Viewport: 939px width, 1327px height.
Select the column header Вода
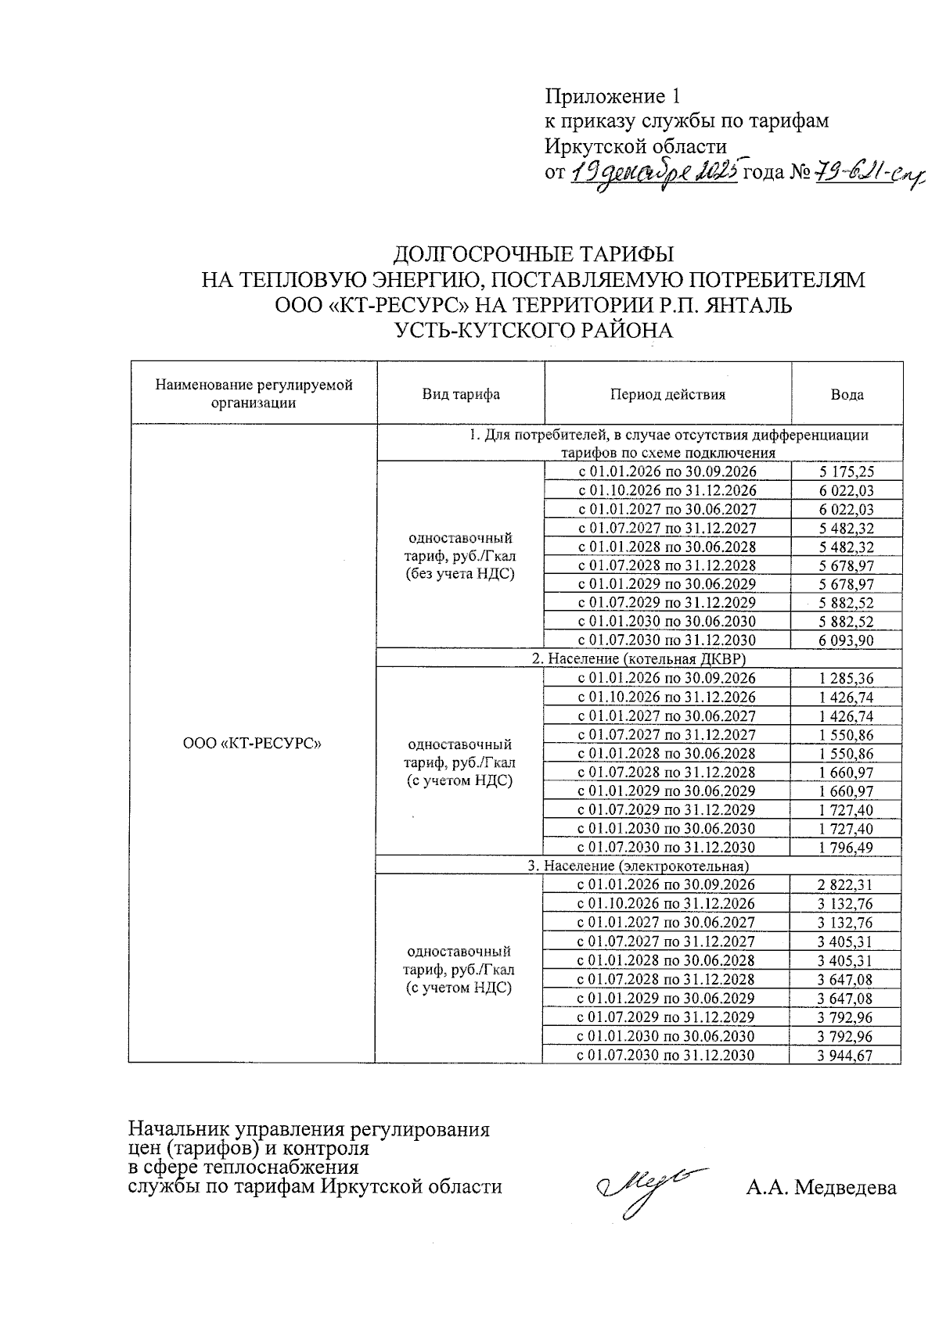(x=847, y=394)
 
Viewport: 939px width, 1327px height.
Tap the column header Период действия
(x=667, y=394)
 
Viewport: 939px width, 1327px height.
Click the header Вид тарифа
(x=461, y=394)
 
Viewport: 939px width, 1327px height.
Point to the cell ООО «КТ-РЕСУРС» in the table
(x=253, y=744)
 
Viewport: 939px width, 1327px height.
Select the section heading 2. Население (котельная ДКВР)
(x=639, y=659)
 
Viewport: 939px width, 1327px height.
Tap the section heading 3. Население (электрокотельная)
(x=639, y=866)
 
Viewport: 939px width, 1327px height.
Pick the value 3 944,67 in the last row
(x=845, y=1056)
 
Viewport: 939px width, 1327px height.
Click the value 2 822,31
(x=845, y=885)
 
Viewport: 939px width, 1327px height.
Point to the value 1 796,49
(x=846, y=848)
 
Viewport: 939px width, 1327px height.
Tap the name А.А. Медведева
(x=821, y=1188)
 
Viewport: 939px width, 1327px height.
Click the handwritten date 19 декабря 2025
(x=653, y=172)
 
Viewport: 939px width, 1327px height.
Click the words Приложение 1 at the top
(x=612, y=96)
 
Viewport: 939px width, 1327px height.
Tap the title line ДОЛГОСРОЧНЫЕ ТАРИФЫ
(x=532, y=254)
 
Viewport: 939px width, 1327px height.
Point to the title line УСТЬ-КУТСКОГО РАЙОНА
(x=533, y=331)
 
